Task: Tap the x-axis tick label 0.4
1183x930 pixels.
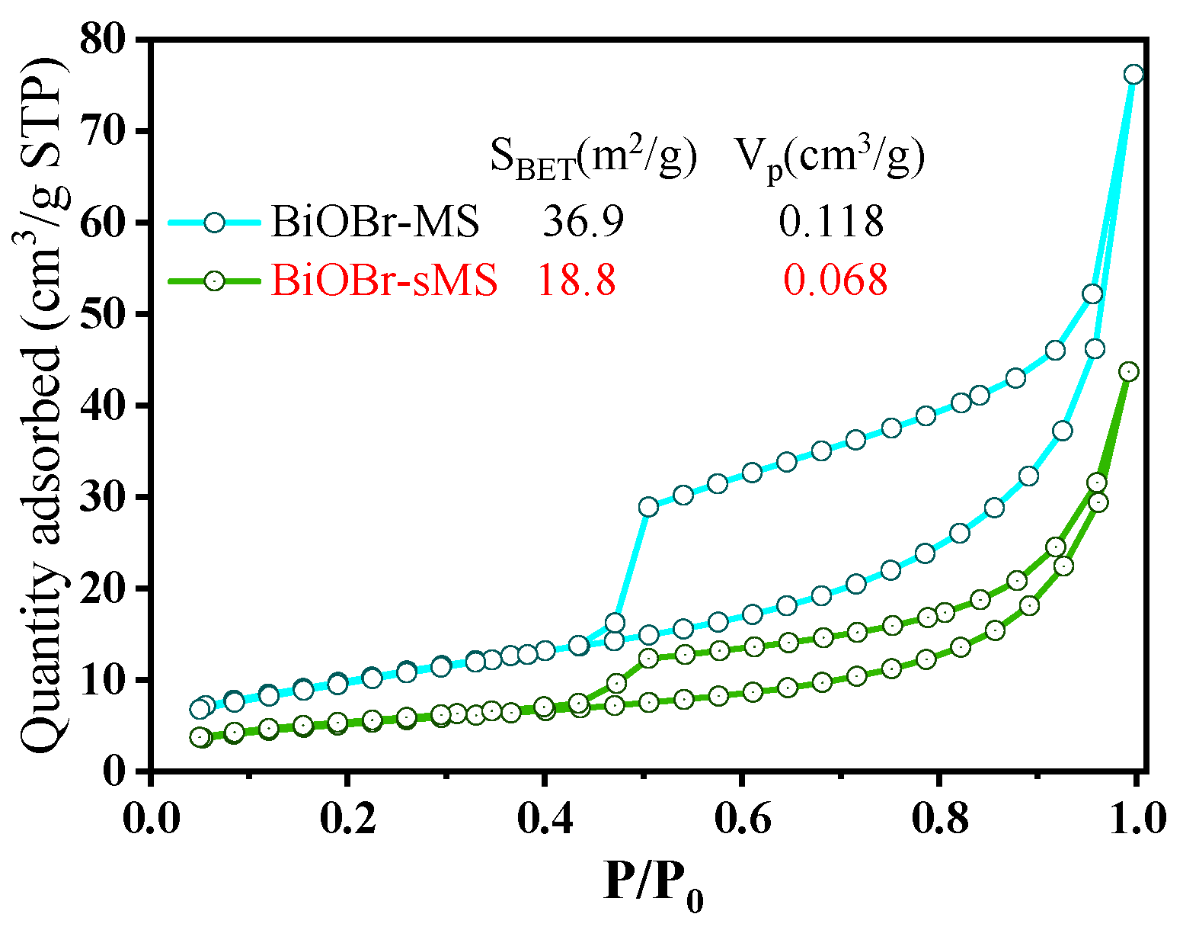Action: pos(544,819)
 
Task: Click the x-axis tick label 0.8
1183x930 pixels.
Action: pos(938,819)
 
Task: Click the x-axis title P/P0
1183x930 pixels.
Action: pos(653,884)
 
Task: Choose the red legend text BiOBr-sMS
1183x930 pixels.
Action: pos(384,281)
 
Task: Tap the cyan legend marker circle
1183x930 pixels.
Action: pos(215,222)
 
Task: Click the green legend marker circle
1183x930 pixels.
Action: pos(215,281)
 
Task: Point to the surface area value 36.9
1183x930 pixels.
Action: pos(583,222)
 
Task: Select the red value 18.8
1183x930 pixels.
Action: pos(577,281)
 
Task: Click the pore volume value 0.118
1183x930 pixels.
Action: pos(830,222)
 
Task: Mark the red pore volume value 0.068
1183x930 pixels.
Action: pos(836,281)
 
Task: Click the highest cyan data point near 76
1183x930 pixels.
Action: pos(1133,74)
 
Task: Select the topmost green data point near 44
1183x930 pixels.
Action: pos(1129,371)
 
